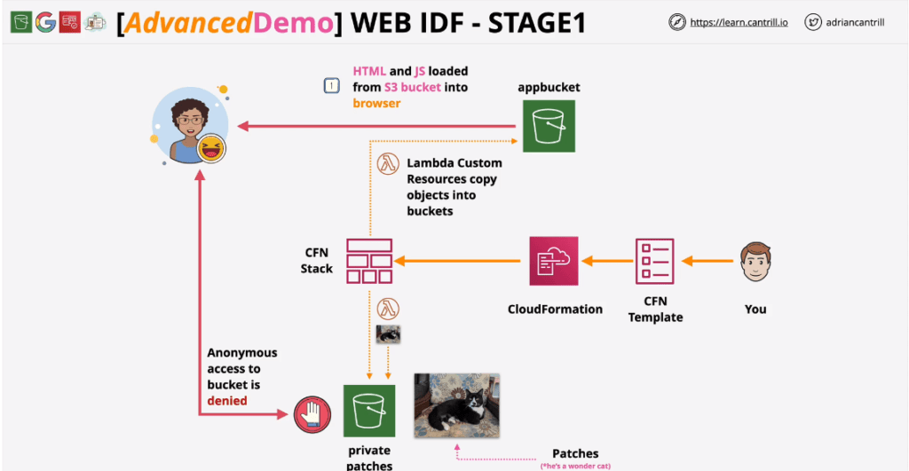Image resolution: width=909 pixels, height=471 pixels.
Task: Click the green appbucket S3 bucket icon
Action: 548,126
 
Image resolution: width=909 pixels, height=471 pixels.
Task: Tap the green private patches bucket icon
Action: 369,411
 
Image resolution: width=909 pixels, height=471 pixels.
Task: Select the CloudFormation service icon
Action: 553,261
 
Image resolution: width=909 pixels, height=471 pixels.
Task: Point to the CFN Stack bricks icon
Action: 369,261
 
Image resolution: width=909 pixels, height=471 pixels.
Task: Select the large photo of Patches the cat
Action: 455,405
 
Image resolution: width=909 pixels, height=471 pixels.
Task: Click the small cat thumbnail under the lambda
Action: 388,334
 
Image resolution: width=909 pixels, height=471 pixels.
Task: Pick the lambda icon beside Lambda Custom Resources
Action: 387,164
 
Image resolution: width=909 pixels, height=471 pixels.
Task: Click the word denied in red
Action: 227,401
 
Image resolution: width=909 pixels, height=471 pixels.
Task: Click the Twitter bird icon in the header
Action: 812,23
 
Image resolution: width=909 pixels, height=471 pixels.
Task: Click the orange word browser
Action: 377,103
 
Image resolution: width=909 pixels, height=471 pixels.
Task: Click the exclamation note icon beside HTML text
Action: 331,86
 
